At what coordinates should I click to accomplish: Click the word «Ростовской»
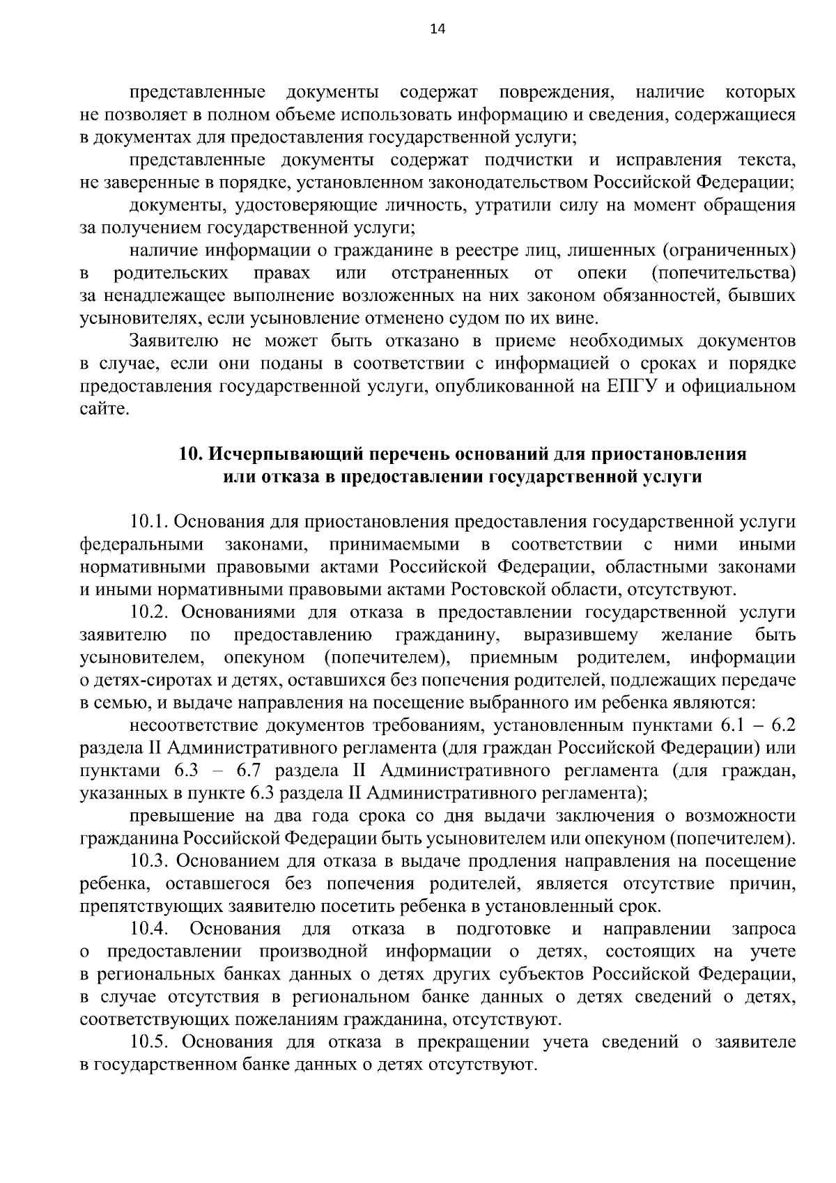pyautogui.click(x=497, y=589)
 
